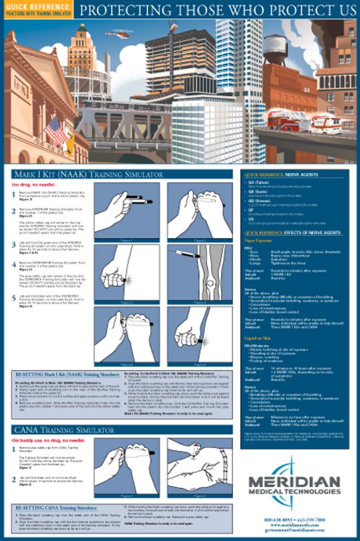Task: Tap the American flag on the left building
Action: [x=54, y=131]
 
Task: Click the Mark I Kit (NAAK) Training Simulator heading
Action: [x=89, y=175]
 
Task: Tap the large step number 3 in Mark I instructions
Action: [x=14, y=245]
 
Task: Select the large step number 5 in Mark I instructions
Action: [x=14, y=298]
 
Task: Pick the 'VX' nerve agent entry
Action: [x=250, y=219]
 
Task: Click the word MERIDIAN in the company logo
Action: [x=295, y=481]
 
